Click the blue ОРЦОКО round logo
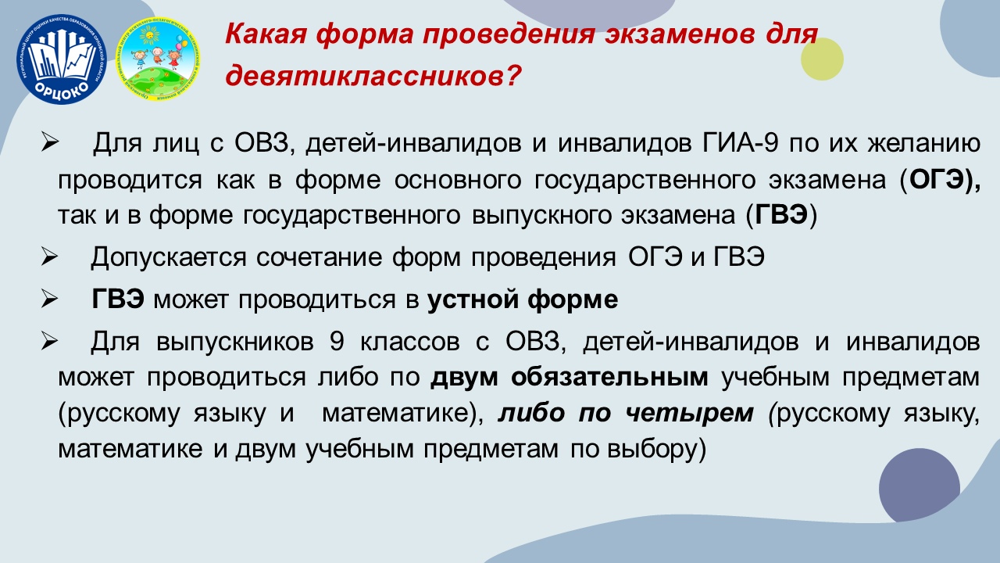pyautogui.click(x=62, y=59)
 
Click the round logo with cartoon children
pyautogui.click(x=158, y=59)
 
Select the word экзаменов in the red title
pyautogui.click(x=680, y=34)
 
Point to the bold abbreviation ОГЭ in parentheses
pyautogui.click(x=935, y=180)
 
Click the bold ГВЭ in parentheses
pyautogui.click(x=781, y=214)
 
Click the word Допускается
pyautogui.click(x=168, y=258)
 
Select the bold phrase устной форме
pyautogui.click(x=523, y=299)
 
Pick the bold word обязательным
pyautogui.click(x=609, y=377)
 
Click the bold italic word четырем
pyautogui.click(x=689, y=412)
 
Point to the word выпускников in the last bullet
pyautogui.click(x=235, y=342)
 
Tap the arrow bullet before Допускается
pyautogui.click(x=49, y=257)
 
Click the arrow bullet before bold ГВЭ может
pyautogui.click(x=49, y=299)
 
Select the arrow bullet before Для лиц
pyautogui.click(x=49, y=142)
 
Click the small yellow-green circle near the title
pyautogui.click(x=822, y=59)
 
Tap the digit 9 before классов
pyautogui.click(x=337, y=342)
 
